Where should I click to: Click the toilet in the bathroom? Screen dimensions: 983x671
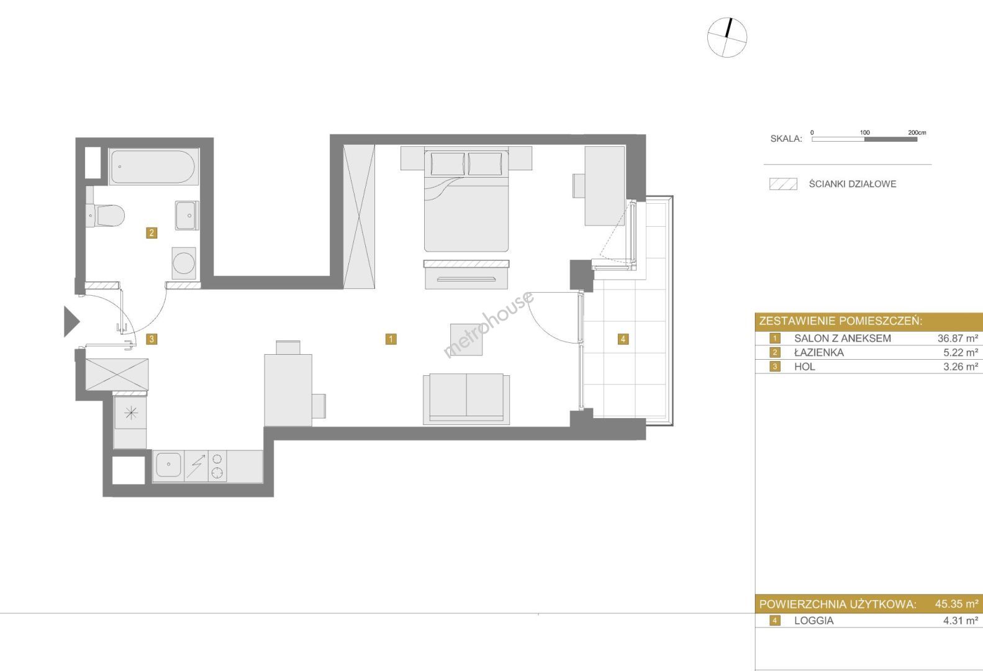[x=106, y=216]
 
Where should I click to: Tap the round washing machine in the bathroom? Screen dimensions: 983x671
[x=184, y=263]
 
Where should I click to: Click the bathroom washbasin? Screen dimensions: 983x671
[x=187, y=216]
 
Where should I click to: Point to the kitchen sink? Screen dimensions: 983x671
[x=168, y=465]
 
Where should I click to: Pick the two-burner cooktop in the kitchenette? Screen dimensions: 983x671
[x=217, y=466]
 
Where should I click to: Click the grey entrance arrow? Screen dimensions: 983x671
[x=71, y=321]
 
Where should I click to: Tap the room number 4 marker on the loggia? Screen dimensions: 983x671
[x=623, y=339]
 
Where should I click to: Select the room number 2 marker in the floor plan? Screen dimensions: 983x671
[x=152, y=233]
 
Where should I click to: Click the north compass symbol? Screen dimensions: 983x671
[x=727, y=37]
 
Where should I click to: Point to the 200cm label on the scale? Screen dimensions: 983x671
[x=917, y=132]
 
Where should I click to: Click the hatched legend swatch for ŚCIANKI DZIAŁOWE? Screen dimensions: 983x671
[x=783, y=184]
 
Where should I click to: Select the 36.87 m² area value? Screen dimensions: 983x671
[x=958, y=338]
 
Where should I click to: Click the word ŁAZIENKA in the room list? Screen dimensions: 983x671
[x=819, y=352]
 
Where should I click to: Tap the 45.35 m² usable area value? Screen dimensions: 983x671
[x=957, y=604]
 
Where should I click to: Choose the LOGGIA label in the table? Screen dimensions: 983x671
[x=813, y=621]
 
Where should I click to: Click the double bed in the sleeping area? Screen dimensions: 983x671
[x=466, y=200]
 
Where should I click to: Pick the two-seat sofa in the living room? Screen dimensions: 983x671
[x=466, y=399]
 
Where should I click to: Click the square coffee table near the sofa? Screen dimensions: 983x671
[x=466, y=339]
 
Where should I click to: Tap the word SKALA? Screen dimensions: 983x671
[x=786, y=139]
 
